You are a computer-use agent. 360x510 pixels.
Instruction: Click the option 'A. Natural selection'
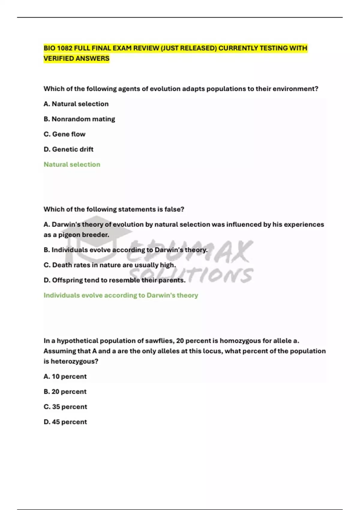(76, 104)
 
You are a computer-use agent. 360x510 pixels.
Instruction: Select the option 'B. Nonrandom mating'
(79, 119)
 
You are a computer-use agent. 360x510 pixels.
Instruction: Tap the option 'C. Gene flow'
(64, 134)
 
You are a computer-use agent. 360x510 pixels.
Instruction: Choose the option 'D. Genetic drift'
(68, 149)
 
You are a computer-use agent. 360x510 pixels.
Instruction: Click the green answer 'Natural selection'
(72, 164)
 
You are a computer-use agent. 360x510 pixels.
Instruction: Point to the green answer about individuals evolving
(121, 295)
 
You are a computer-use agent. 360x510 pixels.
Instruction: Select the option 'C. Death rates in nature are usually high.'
(109, 265)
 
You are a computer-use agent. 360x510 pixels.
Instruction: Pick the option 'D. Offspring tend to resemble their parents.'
(114, 280)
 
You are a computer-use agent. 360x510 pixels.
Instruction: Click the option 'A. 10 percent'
(65, 376)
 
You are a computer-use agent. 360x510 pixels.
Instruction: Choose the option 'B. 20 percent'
(65, 391)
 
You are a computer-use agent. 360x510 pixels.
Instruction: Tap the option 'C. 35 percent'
(65, 407)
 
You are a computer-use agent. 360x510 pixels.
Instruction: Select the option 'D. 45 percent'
(65, 422)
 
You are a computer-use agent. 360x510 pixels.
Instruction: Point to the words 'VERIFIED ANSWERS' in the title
(76, 58)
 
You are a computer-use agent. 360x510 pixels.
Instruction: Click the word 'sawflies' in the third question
(159, 341)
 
